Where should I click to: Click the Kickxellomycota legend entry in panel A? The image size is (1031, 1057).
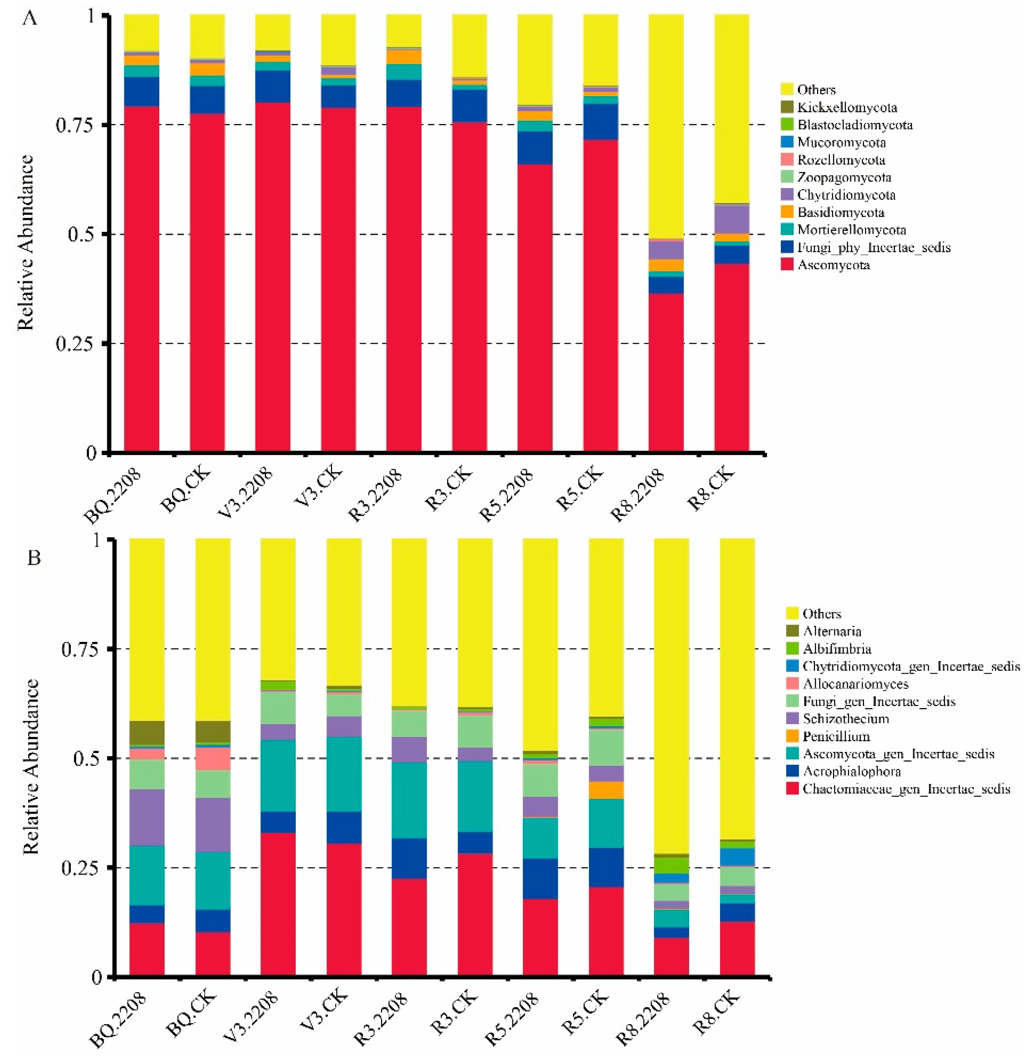[846, 107]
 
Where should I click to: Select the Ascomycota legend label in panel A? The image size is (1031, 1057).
[833, 265]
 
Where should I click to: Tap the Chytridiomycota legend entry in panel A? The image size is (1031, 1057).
[846, 195]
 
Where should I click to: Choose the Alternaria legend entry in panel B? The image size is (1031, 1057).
[832, 631]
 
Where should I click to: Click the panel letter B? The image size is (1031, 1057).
[34, 558]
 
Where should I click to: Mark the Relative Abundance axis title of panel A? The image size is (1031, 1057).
[25, 242]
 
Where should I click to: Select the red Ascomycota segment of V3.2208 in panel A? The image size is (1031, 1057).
[272, 276]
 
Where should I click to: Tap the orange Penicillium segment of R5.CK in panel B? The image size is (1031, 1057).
[606, 790]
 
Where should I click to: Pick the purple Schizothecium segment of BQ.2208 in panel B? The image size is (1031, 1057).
[147, 817]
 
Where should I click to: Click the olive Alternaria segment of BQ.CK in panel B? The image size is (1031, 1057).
[213, 731]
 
